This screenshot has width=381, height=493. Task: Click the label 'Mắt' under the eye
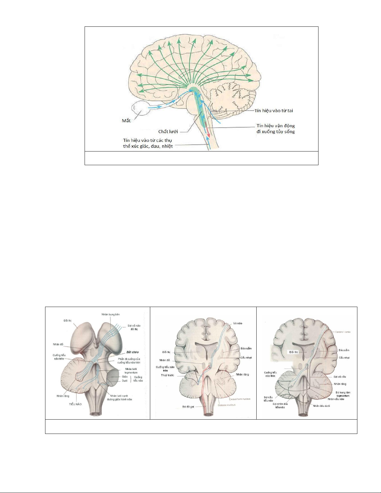[126, 121]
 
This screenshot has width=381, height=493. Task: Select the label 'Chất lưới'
[168, 132]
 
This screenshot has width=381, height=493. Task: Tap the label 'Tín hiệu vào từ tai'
[274, 111]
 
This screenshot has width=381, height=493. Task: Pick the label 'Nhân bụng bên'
[110, 314]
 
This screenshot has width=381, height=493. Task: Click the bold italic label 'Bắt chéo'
[132, 352]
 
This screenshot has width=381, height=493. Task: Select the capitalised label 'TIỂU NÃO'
[76, 404]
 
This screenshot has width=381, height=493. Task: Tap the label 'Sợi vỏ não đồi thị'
[134, 327]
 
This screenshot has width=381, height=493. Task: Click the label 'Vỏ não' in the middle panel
[238, 323]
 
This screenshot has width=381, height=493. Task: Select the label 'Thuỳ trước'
[167, 375]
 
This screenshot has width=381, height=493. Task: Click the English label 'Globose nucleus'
[227, 405]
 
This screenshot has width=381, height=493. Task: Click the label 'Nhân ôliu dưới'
[322, 406]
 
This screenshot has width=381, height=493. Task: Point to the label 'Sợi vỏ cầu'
[340, 377]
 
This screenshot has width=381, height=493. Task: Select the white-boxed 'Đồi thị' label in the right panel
[294, 352]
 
